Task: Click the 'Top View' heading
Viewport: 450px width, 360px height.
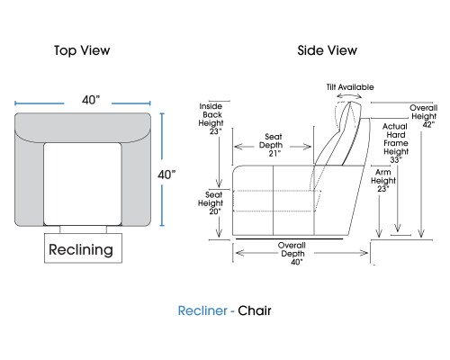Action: pyautogui.click(x=82, y=50)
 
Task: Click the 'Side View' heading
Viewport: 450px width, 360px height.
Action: pyautogui.click(x=328, y=50)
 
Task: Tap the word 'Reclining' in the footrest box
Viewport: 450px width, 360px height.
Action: pyautogui.click(x=81, y=249)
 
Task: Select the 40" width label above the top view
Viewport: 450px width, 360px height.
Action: pyautogui.click(x=91, y=100)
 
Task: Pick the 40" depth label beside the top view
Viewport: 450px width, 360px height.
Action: pyautogui.click(x=166, y=175)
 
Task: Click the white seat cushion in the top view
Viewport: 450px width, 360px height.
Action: pyautogui.click(x=83, y=184)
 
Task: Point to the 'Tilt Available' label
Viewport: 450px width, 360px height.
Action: pyautogui.click(x=350, y=87)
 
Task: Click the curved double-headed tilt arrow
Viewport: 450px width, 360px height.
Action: pyautogui.click(x=349, y=94)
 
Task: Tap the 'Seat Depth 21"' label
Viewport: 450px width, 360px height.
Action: pyautogui.click(x=272, y=145)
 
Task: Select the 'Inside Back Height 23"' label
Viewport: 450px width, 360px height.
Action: pyautogui.click(x=211, y=119)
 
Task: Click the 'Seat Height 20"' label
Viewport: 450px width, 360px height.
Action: pyautogui.click(x=211, y=203)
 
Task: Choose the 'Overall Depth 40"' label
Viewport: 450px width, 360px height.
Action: pyautogui.click(x=292, y=254)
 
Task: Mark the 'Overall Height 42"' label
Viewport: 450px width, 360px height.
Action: pyautogui.click(x=424, y=116)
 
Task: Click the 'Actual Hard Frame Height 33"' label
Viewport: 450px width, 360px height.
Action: pyautogui.click(x=396, y=143)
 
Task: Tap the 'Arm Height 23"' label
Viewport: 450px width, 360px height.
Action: pyautogui.click(x=383, y=181)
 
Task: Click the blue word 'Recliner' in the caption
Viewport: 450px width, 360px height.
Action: pyautogui.click(x=202, y=310)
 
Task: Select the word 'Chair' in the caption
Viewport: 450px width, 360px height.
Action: pyautogui.click(x=255, y=310)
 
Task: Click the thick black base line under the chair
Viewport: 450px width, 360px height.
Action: pyautogui.click(x=289, y=239)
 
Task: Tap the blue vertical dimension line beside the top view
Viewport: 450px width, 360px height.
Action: pyautogui.click(x=162, y=169)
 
